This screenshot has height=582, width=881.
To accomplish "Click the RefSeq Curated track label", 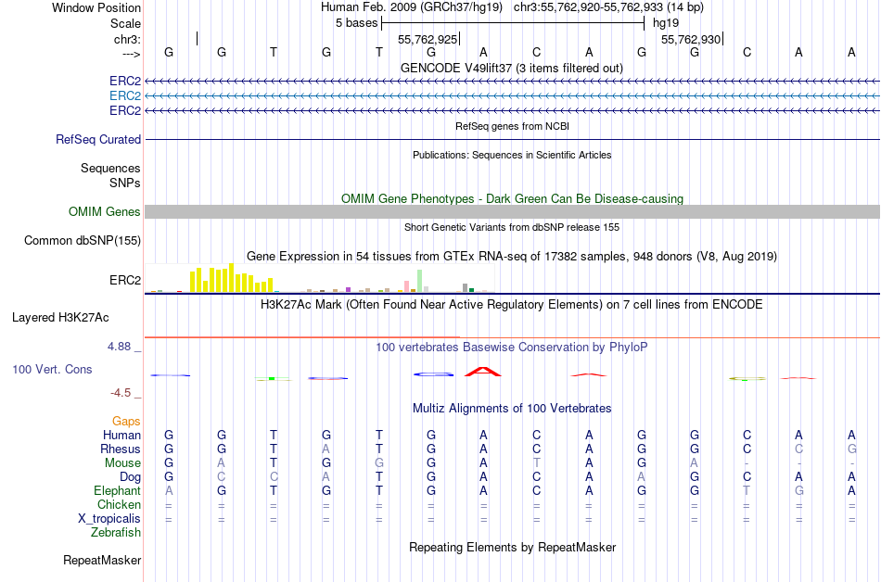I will [x=98, y=139].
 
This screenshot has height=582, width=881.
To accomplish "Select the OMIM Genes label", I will [x=105, y=212].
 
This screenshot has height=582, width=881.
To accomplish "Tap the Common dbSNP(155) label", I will [x=83, y=241].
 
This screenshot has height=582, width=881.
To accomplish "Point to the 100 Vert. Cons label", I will [x=52, y=369].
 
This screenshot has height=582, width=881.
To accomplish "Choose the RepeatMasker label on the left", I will [x=102, y=560].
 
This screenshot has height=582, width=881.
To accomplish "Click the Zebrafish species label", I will [x=116, y=533].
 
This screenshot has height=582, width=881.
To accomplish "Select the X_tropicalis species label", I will [x=109, y=519].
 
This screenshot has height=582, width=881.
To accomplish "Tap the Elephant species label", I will [x=117, y=491].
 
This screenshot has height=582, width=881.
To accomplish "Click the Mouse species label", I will [x=122, y=463].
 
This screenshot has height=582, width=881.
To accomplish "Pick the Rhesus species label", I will [x=121, y=449].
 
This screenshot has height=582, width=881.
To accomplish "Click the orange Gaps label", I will [x=126, y=422].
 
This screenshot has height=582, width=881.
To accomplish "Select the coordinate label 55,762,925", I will [x=428, y=40].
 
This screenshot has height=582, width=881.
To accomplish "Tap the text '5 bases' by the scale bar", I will [x=356, y=22].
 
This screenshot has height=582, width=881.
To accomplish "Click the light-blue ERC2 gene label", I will [x=125, y=96].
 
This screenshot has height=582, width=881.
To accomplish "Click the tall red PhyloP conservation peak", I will [x=482, y=372].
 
